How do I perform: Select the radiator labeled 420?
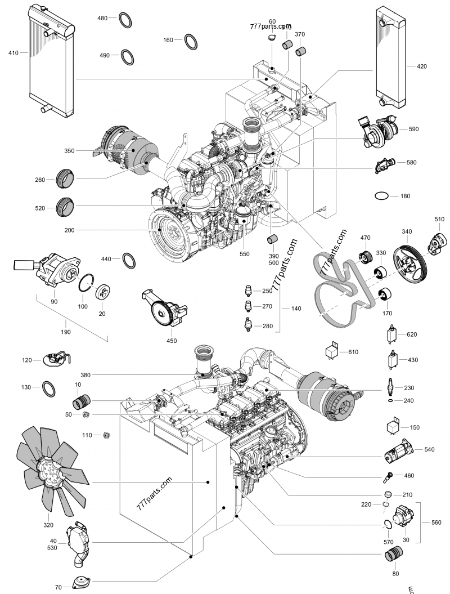coord(390,59)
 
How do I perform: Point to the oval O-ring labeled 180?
coord(381,196)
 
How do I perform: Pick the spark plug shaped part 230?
coord(391,387)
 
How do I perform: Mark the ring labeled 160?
coord(191,40)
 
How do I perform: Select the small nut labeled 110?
coord(106,435)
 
